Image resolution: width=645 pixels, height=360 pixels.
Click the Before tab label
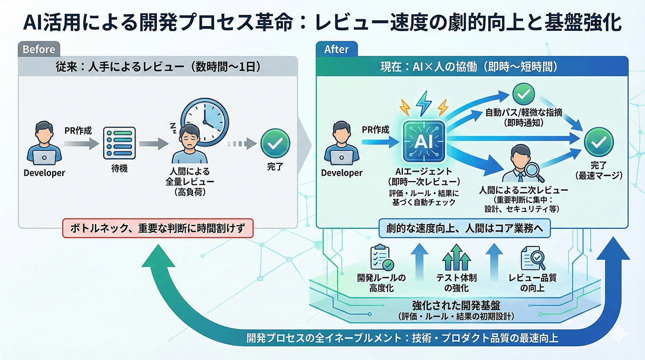click(39, 49)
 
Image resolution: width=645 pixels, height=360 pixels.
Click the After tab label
click(336, 49)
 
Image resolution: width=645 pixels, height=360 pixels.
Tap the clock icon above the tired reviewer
click(205, 121)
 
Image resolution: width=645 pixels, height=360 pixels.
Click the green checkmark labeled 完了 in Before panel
click(275, 142)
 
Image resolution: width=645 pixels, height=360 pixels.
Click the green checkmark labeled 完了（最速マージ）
click(599, 142)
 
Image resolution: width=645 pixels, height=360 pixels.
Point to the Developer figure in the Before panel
click(44, 143)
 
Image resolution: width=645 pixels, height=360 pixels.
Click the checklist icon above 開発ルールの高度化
click(381, 257)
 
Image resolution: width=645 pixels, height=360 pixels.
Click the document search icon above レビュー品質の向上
click(532, 258)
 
